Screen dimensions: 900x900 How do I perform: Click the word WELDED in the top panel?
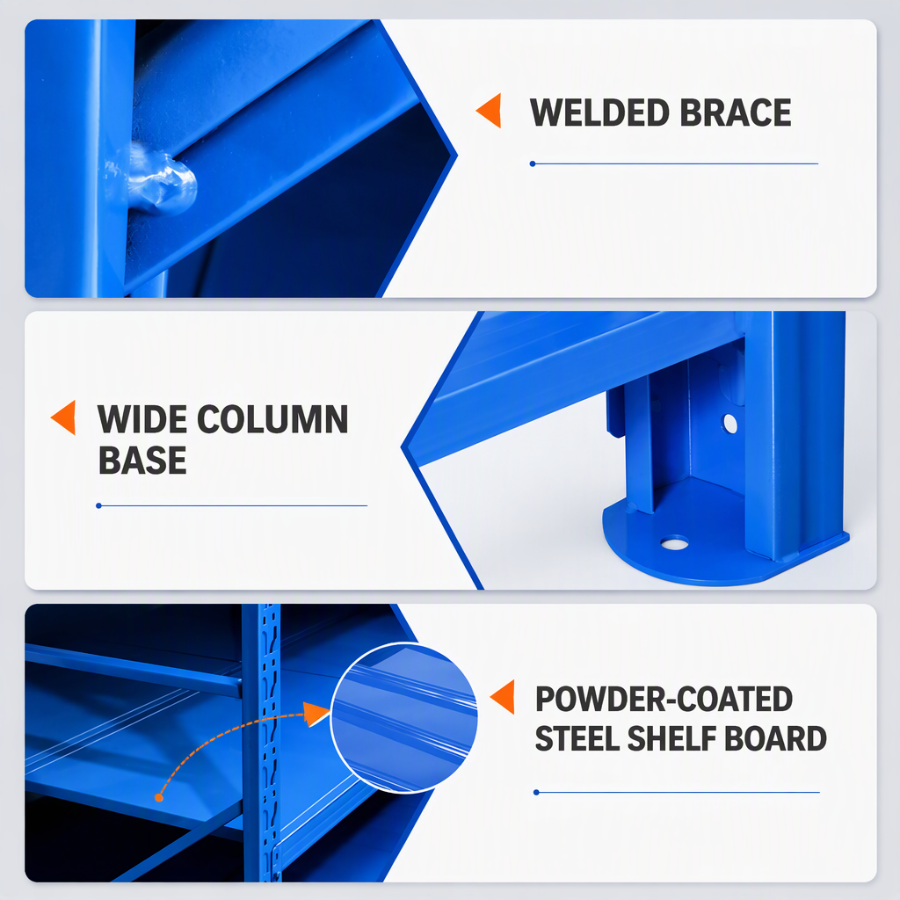(x=599, y=112)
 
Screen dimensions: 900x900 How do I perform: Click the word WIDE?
(x=142, y=419)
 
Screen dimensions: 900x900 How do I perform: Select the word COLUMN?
(x=272, y=419)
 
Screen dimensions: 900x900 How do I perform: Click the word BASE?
(x=142, y=461)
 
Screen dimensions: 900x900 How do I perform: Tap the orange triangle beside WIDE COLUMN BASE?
(x=63, y=417)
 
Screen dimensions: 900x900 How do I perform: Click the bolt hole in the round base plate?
(x=674, y=542)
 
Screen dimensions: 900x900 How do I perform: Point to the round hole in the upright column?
(x=730, y=424)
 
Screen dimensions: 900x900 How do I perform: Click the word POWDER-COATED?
(x=664, y=699)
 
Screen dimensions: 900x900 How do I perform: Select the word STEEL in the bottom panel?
(x=577, y=738)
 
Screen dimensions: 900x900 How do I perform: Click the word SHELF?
(x=671, y=738)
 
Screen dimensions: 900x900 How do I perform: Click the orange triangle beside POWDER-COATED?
(x=503, y=697)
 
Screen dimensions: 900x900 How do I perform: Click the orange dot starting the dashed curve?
(x=159, y=798)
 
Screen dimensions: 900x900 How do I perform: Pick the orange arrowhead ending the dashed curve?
(x=316, y=714)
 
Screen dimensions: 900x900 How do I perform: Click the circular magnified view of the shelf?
(x=404, y=717)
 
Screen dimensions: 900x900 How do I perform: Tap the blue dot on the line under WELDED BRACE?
(x=533, y=164)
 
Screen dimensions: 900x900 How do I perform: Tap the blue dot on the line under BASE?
(x=98, y=505)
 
